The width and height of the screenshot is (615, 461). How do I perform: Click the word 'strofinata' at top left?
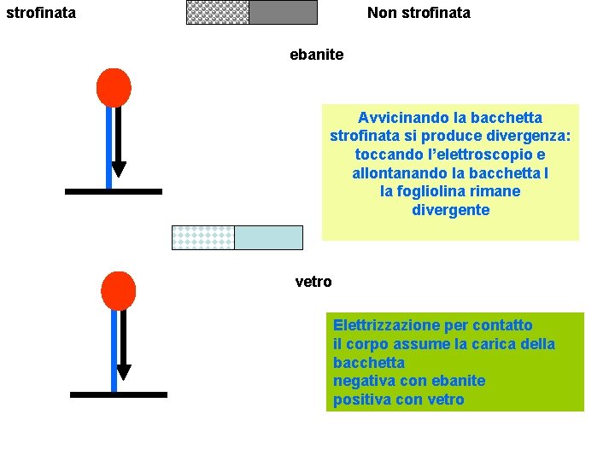(x=40, y=13)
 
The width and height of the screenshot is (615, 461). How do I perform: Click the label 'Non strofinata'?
(x=419, y=13)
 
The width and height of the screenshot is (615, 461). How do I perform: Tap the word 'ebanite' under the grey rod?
(x=316, y=55)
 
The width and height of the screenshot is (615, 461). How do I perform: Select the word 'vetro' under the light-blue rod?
(x=313, y=282)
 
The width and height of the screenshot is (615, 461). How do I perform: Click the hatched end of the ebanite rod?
(x=218, y=12)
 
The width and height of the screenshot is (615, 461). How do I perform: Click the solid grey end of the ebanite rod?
(x=283, y=12)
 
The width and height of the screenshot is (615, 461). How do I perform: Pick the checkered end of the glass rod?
(x=203, y=237)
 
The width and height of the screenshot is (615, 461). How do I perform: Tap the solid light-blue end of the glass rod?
(x=268, y=237)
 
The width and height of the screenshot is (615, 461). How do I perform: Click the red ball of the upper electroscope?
(x=114, y=87)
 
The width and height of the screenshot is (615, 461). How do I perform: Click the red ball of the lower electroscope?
(x=118, y=290)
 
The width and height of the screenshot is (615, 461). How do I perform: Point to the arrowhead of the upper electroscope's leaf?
(x=119, y=169)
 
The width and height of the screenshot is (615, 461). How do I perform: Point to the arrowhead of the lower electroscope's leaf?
(x=123, y=372)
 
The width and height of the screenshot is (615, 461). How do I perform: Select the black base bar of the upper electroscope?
(x=113, y=192)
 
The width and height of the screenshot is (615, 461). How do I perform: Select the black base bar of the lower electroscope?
(x=118, y=394)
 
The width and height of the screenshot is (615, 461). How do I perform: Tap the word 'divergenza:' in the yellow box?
(x=529, y=137)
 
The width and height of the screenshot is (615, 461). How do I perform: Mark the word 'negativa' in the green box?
(x=362, y=381)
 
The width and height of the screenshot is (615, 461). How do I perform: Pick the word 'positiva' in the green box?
(x=360, y=400)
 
